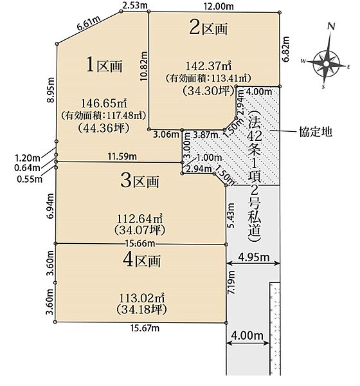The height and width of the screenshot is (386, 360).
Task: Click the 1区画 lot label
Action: pos(104,65)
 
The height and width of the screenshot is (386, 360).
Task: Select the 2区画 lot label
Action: pos(208,28)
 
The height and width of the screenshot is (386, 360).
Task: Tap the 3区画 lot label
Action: pos(139,181)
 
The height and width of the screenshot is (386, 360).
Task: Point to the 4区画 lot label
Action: pos(141,260)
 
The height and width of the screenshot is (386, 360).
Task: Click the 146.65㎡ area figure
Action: pos(104,103)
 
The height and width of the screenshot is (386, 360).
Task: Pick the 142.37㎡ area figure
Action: pos(208,66)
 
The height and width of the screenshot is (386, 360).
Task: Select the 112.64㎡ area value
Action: pos(139,218)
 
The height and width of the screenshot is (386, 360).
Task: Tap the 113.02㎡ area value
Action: pos(141,298)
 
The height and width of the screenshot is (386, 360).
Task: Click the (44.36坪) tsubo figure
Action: pos(104,128)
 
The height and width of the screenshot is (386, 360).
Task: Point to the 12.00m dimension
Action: pos(219,6)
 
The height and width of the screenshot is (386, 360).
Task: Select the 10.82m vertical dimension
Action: pos(144,66)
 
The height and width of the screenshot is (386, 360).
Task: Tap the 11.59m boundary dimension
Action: pos(122,156)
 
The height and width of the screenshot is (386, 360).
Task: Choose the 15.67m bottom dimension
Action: pos(145,328)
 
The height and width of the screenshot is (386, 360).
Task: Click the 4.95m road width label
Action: pos(254,257)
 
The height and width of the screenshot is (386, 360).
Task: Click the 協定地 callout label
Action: pos(316,132)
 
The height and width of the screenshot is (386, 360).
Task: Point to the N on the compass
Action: pos(332,26)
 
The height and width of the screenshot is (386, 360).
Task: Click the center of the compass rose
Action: pos(326,64)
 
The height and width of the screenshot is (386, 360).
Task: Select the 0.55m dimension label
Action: pos(30,179)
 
